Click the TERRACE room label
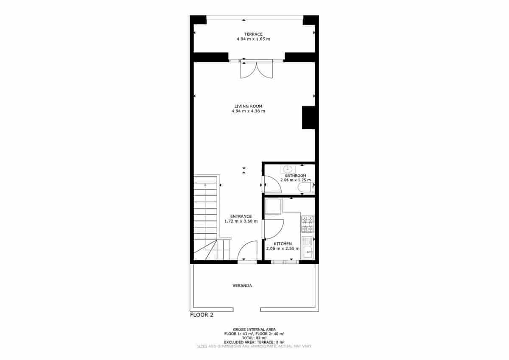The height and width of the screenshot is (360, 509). point(253,34)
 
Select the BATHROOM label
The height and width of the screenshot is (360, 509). point(295,176)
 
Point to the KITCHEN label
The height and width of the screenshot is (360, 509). point(282,243)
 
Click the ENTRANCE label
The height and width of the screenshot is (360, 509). point(241,216)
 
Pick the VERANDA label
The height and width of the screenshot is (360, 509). point(242,285)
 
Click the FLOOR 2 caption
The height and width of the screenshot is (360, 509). point(201,315)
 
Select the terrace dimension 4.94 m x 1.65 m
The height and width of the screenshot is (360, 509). point(253,39)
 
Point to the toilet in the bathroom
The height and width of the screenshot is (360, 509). point(304,188)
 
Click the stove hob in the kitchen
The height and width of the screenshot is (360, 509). point(307,224)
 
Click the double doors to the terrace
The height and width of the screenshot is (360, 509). point(256,69)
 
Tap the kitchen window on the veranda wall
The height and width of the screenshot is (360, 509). point(285,262)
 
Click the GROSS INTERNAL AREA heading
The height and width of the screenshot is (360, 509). point(254,329)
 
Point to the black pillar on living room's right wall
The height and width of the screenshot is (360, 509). point(308,117)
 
